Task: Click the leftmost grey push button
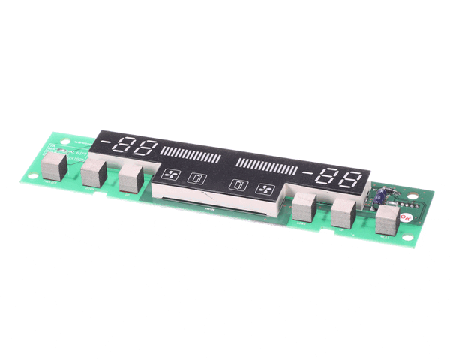point(57,171)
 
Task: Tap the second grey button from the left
point(94,175)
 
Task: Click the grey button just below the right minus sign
point(304,204)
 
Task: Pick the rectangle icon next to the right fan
point(238,185)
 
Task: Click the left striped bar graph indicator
point(190,155)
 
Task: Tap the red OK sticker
point(406,217)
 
